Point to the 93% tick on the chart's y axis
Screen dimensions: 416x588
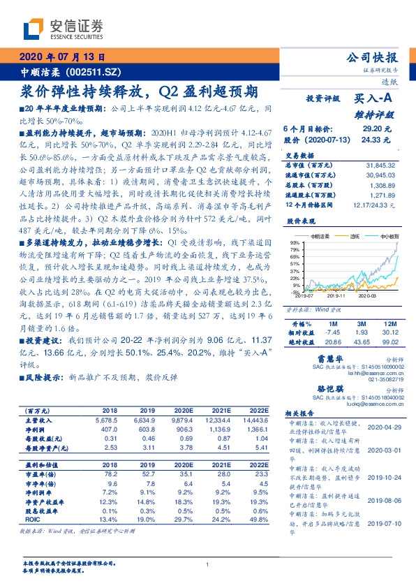295,242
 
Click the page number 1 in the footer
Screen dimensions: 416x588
207,564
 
